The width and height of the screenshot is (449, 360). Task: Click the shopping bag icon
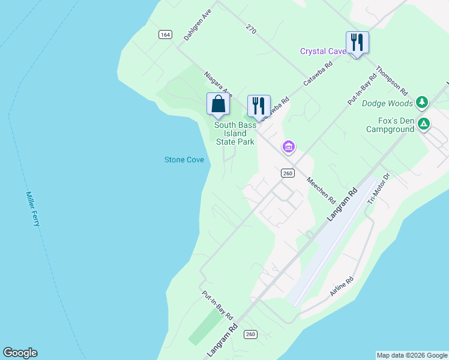(218, 104)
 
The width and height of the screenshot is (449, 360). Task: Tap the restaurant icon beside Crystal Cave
(357, 42)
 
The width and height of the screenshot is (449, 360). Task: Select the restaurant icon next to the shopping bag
(259, 106)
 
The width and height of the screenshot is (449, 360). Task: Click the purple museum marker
(288, 146)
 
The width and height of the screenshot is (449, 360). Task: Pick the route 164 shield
(165, 34)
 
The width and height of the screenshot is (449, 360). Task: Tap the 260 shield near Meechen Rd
(288, 173)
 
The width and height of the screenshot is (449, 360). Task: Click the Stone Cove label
(184, 160)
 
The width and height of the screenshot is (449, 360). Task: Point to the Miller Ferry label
(33, 209)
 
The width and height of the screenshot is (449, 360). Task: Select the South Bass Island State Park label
(235, 133)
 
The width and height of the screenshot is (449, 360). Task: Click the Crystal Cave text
(323, 51)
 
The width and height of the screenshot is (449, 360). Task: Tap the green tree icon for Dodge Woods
(422, 102)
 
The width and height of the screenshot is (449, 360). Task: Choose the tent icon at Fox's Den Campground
(424, 124)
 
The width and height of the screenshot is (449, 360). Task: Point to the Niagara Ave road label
(218, 85)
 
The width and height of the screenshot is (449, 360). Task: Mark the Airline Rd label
(342, 286)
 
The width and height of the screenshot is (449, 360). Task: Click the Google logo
(20, 353)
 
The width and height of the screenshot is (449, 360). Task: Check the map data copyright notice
(412, 355)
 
